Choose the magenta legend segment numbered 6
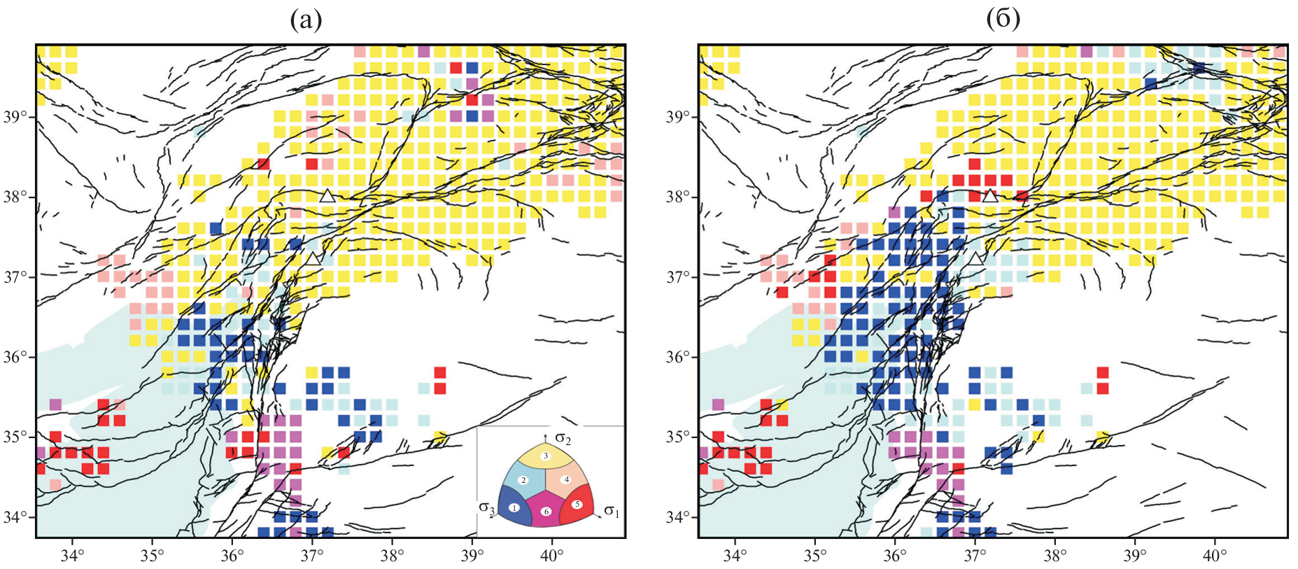click(546, 512)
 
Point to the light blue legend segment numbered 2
click(523, 480)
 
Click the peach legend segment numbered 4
click(567, 480)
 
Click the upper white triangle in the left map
click(327, 195)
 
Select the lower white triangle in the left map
click(313, 258)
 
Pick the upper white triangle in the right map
click(989, 195)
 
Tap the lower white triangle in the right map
click(975, 258)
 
